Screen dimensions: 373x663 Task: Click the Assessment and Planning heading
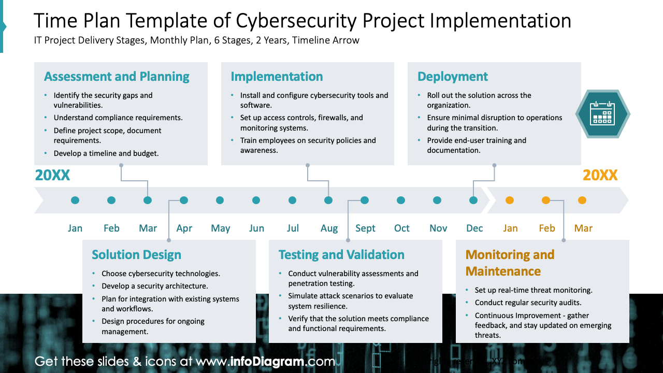pos(117,77)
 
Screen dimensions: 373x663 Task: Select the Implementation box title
pos(277,77)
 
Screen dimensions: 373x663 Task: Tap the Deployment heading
pos(452,77)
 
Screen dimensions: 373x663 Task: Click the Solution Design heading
pos(136,255)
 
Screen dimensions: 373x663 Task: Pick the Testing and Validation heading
pos(341,255)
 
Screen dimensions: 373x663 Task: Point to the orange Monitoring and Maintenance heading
pos(510,263)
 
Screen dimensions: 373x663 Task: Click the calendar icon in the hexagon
pos(602,114)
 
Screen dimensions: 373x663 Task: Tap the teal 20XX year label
pos(52,176)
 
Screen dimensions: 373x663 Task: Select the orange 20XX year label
pos(600,176)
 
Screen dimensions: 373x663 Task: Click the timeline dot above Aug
pos(328,200)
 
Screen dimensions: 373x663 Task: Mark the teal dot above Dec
pos(473,200)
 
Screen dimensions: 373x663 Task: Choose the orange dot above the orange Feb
pos(545,200)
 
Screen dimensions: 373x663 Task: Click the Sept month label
pos(365,228)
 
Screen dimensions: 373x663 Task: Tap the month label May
pos(220,228)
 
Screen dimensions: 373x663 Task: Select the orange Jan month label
pos(510,228)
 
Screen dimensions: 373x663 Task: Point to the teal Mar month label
pos(148,228)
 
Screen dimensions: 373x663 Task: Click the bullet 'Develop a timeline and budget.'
pos(106,153)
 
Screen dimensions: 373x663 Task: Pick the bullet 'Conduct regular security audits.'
pos(528,303)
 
